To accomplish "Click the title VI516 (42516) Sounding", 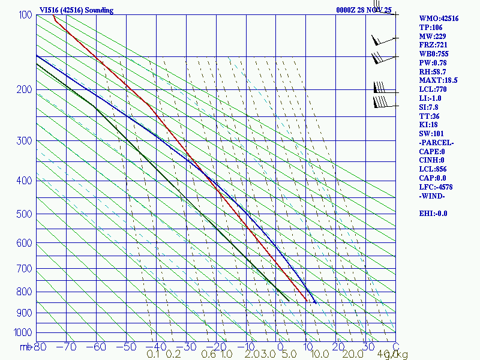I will point(76,10).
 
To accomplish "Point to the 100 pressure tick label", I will point(25,15).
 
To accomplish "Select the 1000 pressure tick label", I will point(23,332).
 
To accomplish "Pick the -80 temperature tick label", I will point(40,347).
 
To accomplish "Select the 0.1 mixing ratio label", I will point(153,355).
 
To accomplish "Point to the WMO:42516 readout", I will point(439,19).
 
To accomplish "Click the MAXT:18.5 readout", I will point(439,80).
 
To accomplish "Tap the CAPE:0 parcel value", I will point(431,152).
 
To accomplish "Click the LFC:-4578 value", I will point(436,187).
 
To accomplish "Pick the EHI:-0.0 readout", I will point(433,213).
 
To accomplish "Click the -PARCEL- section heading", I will point(436,143).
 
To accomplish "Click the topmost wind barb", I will point(382,40).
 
